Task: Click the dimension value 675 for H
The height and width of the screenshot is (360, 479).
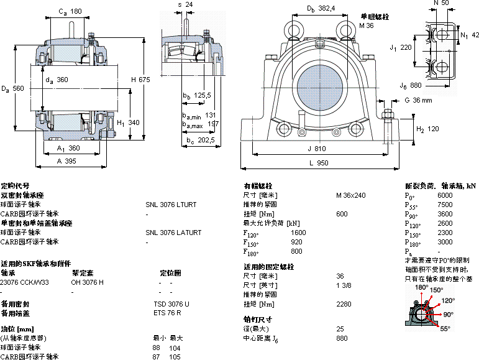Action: [145, 80]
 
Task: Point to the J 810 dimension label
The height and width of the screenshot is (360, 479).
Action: [317, 149]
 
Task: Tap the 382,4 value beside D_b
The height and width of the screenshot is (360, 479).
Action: [327, 8]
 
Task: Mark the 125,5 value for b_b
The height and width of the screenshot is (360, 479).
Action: [203, 95]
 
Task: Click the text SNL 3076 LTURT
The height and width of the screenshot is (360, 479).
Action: [171, 204]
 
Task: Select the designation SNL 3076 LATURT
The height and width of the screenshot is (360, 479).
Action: [173, 233]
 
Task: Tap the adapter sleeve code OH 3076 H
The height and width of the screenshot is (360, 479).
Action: [88, 282]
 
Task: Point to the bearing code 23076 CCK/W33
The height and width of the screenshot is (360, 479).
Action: [24, 282]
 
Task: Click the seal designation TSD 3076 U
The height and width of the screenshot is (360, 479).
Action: [171, 304]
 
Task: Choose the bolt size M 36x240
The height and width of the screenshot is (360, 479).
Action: [351, 195]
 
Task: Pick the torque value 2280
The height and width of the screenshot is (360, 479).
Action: [344, 304]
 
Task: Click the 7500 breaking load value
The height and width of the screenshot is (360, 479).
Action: [445, 205]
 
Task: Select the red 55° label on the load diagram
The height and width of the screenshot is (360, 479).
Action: [445, 329]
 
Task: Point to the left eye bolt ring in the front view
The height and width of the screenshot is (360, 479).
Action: [293, 28]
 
